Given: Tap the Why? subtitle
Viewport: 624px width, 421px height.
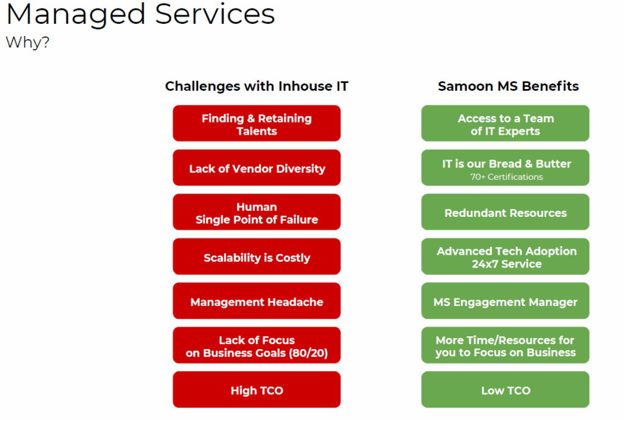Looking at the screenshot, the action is [x=27, y=42].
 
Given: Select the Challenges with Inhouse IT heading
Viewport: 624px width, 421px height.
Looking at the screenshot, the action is [x=257, y=86].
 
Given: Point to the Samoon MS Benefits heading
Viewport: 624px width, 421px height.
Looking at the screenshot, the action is [x=508, y=86].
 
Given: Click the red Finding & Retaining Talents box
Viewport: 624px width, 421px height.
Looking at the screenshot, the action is [x=257, y=123].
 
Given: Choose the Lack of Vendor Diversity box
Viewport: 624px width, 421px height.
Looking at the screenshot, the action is [x=257, y=168].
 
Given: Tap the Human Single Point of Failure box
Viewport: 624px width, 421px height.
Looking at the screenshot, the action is [x=257, y=212].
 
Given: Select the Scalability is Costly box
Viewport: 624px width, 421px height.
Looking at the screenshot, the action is [x=257, y=256].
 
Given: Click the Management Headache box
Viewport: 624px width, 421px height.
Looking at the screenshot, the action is [x=257, y=301].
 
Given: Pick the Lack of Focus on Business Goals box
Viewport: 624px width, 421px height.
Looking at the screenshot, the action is [x=257, y=345].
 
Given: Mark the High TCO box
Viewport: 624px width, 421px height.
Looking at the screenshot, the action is [x=257, y=389].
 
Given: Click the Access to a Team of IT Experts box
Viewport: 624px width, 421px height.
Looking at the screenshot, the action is [x=505, y=123].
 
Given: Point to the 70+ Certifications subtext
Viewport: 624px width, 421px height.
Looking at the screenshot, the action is [x=506, y=177].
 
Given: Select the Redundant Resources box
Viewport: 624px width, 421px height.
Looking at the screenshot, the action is [x=505, y=212].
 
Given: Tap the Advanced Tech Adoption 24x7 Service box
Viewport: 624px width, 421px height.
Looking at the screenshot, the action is [x=505, y=256].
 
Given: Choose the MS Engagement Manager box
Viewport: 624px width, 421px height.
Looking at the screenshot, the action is [x=505, y=301].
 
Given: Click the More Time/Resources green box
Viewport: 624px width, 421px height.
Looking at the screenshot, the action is [x=505, y=345].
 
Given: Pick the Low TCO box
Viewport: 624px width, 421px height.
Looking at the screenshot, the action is [x=505, y=389].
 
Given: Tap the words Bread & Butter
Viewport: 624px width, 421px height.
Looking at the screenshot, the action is [x=530, y=163].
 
